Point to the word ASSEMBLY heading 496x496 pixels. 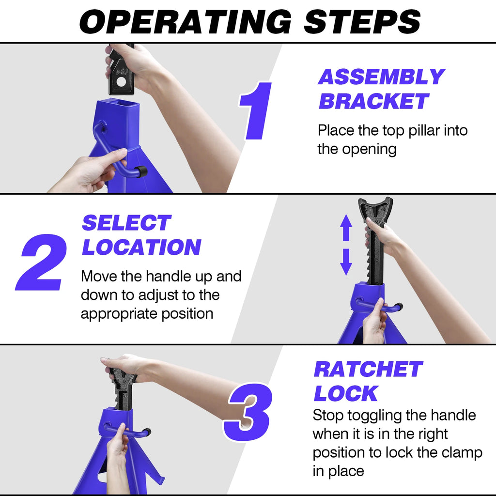pos(381,77)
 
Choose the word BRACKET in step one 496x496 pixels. pos(373,102)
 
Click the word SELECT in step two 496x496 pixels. pos(126,223)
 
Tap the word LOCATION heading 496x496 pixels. pos(141,248)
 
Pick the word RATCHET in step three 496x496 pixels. pos(368,370)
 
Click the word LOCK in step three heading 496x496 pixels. pos(345,394)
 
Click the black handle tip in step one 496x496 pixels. pos(140,171)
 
